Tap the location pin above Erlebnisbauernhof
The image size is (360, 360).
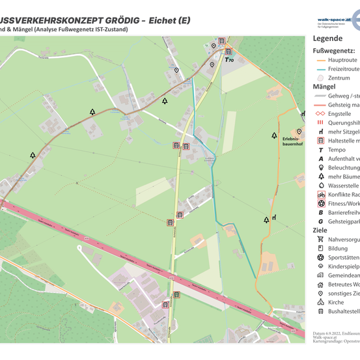pyautogui.click(x=299, y=132)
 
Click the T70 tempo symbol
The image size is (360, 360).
pyautogui.click(x=228, y=59)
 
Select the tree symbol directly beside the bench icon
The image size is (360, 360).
pyautogui.click(x=266, y=220)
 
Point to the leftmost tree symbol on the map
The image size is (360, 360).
pyautogui.click(x=33, y=156)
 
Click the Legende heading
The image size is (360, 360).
pyautogui.click(x=327, y=38)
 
